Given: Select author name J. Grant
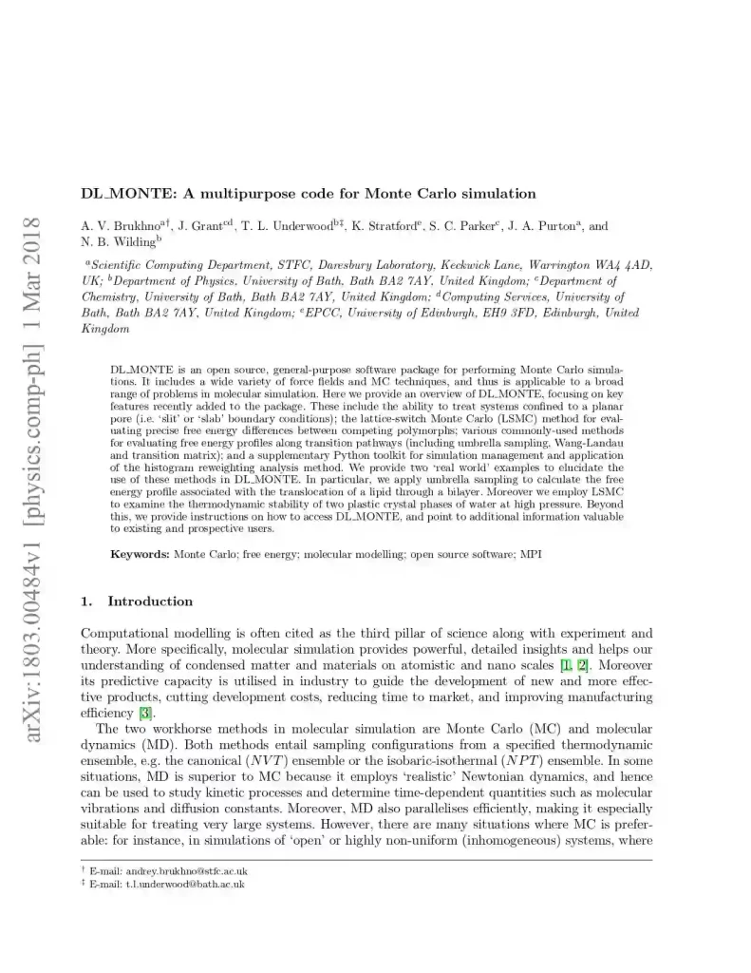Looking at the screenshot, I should point(201,227).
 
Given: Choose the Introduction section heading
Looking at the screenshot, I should point(150,601).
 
